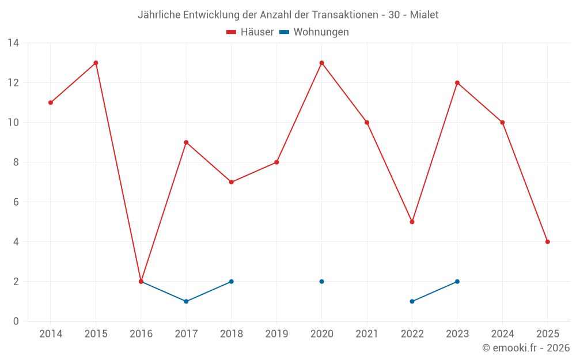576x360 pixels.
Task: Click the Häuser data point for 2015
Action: click(x=96, y=63)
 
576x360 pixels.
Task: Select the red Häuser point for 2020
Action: click(x=321, y=63)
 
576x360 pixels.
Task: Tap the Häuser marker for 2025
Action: click(x=547, y=242)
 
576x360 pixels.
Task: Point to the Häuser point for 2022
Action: click(x=412, y=222)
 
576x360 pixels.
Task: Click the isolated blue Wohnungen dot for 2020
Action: click(x=321, y=282)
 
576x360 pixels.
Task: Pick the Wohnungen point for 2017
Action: click(x=186, y=301)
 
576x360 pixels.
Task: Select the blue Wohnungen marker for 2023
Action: click(x=457, y=282)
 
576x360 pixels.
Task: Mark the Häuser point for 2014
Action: click(x=51, y=103)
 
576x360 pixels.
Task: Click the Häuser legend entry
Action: click(x=250, y=32)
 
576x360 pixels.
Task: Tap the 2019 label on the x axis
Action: click(x=276, y=334)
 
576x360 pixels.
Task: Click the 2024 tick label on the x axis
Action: click(x=502, y=334)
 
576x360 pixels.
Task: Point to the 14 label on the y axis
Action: click(x=13, y=43)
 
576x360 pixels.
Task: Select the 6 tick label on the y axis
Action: click(x=16, y=202)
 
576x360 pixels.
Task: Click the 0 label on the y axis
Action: click(x=16, y=321)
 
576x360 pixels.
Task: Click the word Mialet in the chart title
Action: click(x=424, y=15)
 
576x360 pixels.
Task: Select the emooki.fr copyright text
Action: click(x=526, y=348)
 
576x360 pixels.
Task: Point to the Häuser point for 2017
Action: click(x=186, y=142)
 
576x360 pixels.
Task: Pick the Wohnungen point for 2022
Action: click(x=412, y=301)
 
